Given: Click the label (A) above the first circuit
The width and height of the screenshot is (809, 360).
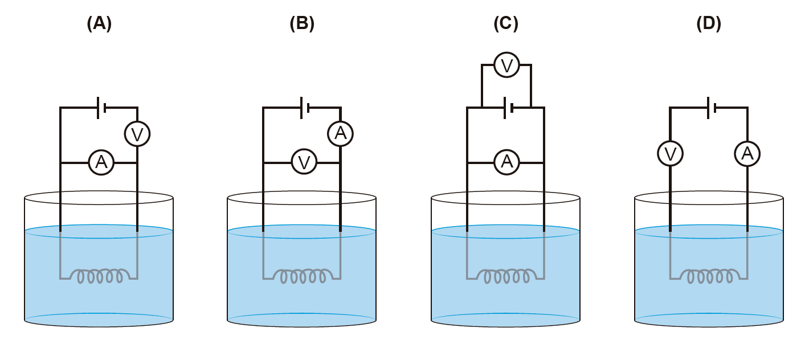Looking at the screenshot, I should (x=99, y=23).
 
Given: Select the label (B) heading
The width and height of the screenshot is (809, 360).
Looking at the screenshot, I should (x=302, y=23).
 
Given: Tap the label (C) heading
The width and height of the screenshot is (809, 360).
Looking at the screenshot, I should (x=506, y=23).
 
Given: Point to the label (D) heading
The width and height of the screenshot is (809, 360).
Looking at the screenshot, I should (x=709, y=23).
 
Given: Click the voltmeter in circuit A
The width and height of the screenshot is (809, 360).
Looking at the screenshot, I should (x=137, y=134).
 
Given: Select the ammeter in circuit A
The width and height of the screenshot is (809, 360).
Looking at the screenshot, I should (x=101, y=163).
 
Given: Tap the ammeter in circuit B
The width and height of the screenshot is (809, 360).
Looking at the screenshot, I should (x=340, y=134).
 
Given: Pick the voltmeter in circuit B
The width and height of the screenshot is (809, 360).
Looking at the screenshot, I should (x=304, y=162).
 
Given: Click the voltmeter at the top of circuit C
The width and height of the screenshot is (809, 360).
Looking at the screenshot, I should (x=506, y=65).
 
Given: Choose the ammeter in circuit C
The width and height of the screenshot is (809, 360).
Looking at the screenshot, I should (x=506, y=162).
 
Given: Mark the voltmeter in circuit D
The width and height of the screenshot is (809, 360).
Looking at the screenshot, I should (x=670, y=154).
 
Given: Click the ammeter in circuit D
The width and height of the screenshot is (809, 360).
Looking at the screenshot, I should (x=747, y=154).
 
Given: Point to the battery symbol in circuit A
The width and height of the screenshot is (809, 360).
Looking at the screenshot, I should (x=101, y=107).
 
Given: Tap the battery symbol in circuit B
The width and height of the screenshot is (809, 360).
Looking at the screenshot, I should (x=304, y=107).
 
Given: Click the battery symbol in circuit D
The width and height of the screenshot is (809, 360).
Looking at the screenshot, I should (x=711, y=107).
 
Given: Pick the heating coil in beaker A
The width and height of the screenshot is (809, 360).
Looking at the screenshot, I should (x=100, y=276).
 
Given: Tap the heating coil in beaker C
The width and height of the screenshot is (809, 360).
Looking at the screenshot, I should (x=506, y=276).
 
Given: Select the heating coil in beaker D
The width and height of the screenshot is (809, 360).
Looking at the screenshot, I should (x=710, y=276).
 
